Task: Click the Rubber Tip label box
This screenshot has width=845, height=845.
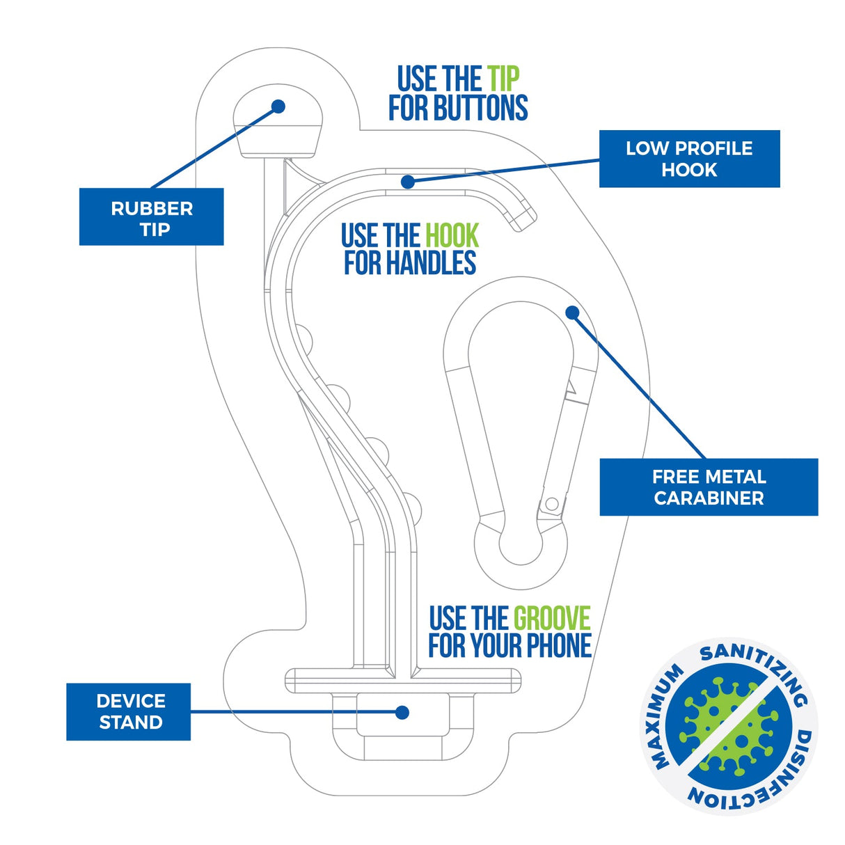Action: tap(151, 216)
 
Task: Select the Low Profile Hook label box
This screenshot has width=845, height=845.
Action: tap(689, 159)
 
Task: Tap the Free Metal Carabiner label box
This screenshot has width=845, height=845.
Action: tap(709, 487)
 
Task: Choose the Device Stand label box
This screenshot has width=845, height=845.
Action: tap(129, 711)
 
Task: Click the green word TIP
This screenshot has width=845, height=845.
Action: tap(503, 79)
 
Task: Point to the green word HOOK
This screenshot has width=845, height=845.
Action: tap(452, 236)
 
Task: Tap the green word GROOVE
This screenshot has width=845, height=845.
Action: tap(551, 618)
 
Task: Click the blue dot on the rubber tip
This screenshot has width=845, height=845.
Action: tap(278, 106)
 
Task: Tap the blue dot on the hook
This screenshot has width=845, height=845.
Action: tap(408, 182)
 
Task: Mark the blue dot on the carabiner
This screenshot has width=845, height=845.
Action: tap(572, 313)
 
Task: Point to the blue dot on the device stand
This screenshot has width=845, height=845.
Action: tap(402, 712)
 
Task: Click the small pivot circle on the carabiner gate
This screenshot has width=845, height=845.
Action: tap(552, 503)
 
